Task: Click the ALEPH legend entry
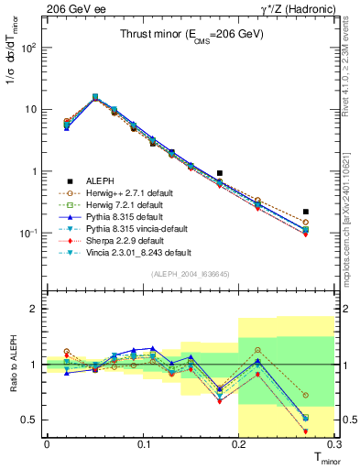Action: (x=96, y=180)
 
